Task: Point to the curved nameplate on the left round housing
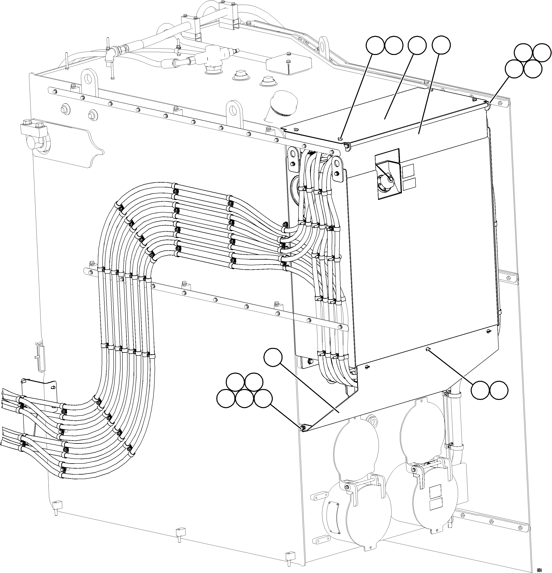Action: pyautogui.click(x=333, y=511)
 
